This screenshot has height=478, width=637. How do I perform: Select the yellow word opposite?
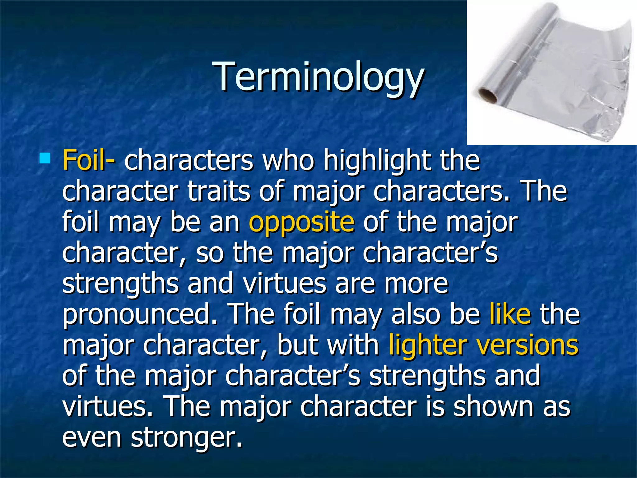pyautogui.click(x=301, y=223)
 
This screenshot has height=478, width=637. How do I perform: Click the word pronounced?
pyautogui.click(x=140, y=315)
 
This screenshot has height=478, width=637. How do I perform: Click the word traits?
pyautogui.click(x=219, y=191)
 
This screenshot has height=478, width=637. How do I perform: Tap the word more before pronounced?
pyautogui.click(x=416, y=284)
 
